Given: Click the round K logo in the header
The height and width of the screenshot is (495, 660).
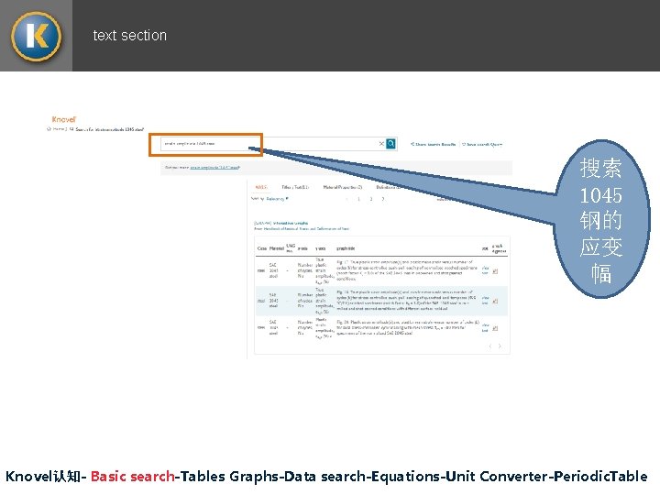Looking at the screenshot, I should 36,36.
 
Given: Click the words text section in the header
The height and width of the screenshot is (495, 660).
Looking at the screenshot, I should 130,36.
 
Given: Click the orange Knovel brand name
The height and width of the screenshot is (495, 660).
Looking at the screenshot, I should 64,119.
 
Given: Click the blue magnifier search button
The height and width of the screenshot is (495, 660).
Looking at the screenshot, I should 391,144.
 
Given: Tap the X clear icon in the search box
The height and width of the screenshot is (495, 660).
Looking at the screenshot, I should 381,144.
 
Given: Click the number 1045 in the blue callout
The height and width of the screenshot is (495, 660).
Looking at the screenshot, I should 600,195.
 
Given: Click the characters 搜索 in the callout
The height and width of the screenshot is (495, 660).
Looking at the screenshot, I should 600,170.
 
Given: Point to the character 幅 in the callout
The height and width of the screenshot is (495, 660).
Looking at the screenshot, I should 600,273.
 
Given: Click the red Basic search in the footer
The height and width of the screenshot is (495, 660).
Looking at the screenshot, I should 133,477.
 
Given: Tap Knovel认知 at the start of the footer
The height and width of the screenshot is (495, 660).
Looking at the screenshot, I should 44,477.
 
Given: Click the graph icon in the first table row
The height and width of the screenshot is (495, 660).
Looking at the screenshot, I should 495,271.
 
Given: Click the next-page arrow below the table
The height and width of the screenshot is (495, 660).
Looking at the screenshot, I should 500,346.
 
